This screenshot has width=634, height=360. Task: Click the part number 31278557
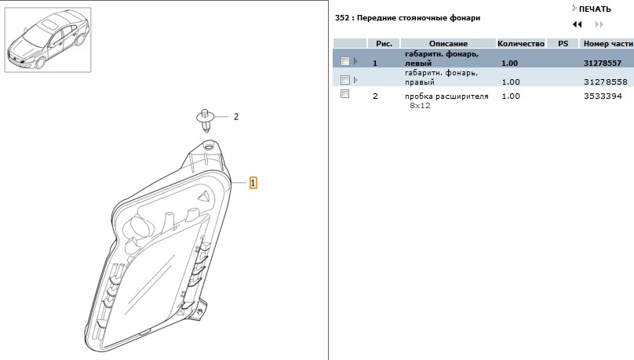click(x=602, y=63)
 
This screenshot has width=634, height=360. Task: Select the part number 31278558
click(x=605, y=82)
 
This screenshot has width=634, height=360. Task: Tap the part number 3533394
click(x=603, y=96)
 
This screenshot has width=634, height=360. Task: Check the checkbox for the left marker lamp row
click(x=345, y=61)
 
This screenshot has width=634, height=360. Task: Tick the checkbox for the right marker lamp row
click(x=345, y=79)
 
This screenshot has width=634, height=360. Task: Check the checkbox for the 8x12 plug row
click(x=345, y=94)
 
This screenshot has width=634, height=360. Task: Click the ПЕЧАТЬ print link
click(x=595, y=9)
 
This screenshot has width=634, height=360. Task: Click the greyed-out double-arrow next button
click(x=599, y=24)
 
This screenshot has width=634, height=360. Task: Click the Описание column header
click(x=448, y=44)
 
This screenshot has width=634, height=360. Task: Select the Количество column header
click(x=521, y=44)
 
